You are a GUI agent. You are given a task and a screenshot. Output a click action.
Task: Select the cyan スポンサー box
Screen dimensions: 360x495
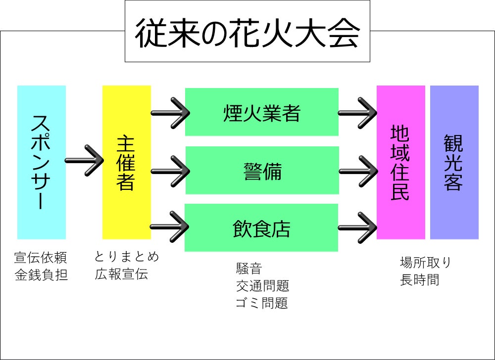pos(42,162)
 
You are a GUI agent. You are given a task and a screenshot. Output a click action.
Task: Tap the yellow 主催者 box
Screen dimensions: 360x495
pos(126,162)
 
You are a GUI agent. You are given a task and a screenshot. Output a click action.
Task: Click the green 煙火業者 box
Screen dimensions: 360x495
pos(261,112)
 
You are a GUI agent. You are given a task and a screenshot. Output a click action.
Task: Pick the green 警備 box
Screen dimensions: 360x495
pos(262,171)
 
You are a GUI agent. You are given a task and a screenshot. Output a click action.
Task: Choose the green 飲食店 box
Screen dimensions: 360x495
pos(261,228)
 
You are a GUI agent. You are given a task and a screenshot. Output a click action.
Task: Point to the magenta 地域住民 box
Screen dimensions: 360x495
pos(400,162)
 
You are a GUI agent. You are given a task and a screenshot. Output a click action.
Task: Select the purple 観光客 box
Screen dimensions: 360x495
pos(454,162)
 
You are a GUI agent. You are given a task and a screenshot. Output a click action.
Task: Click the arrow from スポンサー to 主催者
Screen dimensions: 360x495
pos(84,160)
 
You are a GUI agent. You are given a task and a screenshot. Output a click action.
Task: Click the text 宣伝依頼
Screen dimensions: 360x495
pos(40,258)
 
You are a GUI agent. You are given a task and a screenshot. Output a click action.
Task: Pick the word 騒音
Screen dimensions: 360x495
pos(248,269)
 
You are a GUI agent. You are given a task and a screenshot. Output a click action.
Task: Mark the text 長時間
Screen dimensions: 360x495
pos(419,280)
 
